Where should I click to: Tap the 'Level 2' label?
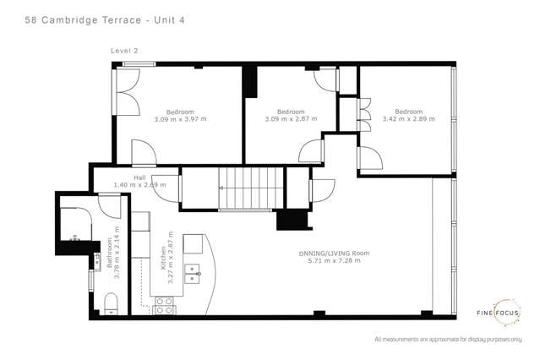[x=124, y=51]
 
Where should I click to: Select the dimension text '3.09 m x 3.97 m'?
[x=180, y=119]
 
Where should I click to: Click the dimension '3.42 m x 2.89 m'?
[x=408, y=119]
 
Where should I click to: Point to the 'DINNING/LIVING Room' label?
[x=334, y=254]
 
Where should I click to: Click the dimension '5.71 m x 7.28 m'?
[x=334, y=261]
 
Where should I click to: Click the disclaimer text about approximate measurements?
[x=446, y=340]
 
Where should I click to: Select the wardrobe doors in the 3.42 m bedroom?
[x=365, y=114]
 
